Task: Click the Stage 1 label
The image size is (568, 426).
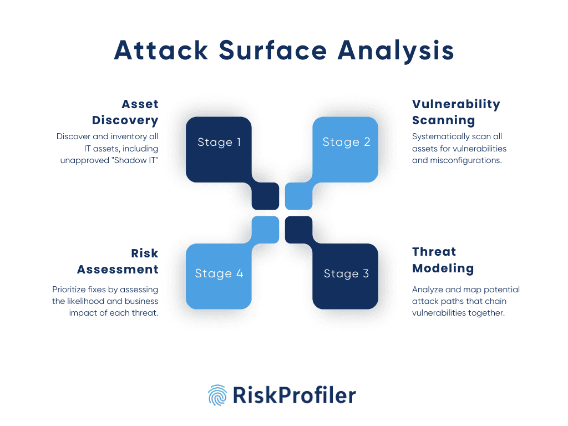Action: tap(219, 143)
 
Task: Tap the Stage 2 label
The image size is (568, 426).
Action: tap(346, 143)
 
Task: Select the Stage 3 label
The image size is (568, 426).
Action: tap(346, 274)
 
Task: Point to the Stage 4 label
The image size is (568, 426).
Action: tap(219, 274)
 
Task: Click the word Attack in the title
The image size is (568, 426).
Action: tap(161, 51)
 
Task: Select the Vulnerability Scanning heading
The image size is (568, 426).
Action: tap(455, 112)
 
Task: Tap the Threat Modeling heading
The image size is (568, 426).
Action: tap(443, 260)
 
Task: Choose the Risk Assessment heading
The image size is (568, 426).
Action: tap(118, 261)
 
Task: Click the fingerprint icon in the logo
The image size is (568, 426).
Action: tap(217, 395)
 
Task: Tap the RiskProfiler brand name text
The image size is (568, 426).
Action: tap(295, 395)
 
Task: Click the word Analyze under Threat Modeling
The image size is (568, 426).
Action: tap(426, 290)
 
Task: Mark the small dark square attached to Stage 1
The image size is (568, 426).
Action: tap(265, 196)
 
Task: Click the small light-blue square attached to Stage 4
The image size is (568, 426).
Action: tap(265, 229)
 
